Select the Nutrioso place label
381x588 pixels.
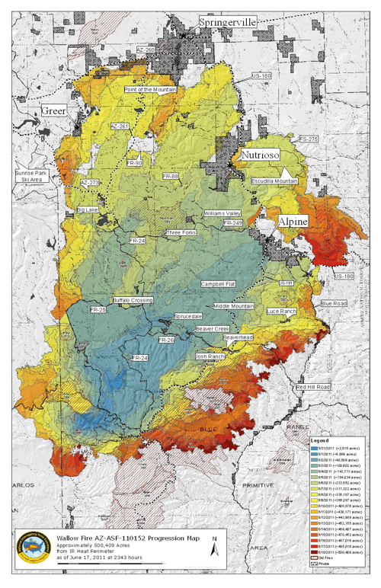[x=260, y=154]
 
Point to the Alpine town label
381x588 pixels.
[x=293, y=221]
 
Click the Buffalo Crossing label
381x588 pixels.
[x=133, y=300]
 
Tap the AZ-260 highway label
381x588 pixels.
[x=146, y=50]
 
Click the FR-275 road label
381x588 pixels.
[x=308, y=139]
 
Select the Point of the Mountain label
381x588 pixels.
[x=150, y=89]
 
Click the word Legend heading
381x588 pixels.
[x=319, y=440]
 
